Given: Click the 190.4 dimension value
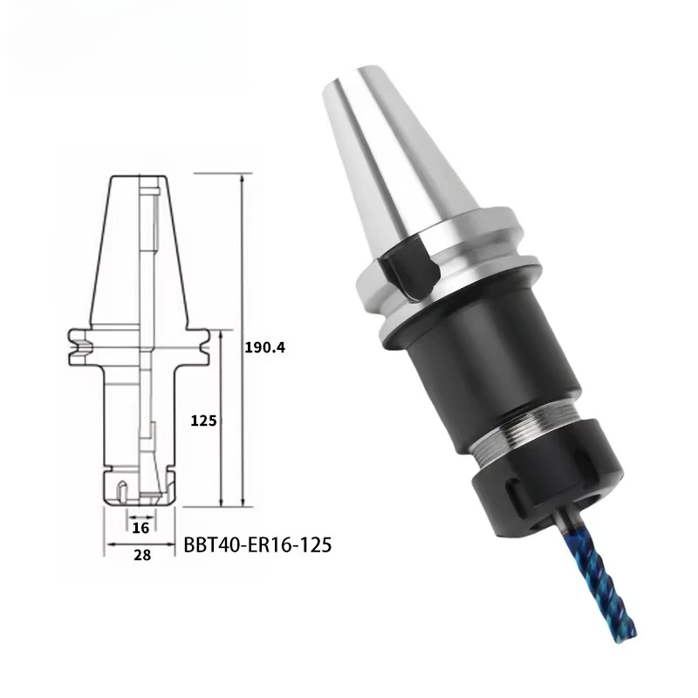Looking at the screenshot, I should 266,346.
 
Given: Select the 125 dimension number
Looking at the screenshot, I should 203,420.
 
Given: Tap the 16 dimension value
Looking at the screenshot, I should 140,527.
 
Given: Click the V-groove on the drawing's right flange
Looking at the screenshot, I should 203,347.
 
